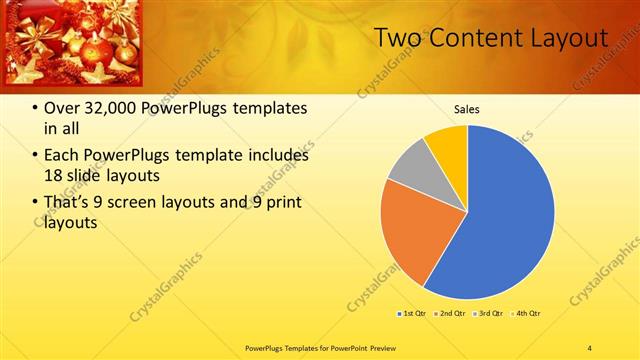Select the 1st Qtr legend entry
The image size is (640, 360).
tap(413, 314)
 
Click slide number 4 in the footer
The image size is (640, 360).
tap(590, 347)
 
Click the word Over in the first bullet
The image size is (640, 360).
tap(62, 108)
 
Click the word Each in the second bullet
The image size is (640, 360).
tap(62, 156)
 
